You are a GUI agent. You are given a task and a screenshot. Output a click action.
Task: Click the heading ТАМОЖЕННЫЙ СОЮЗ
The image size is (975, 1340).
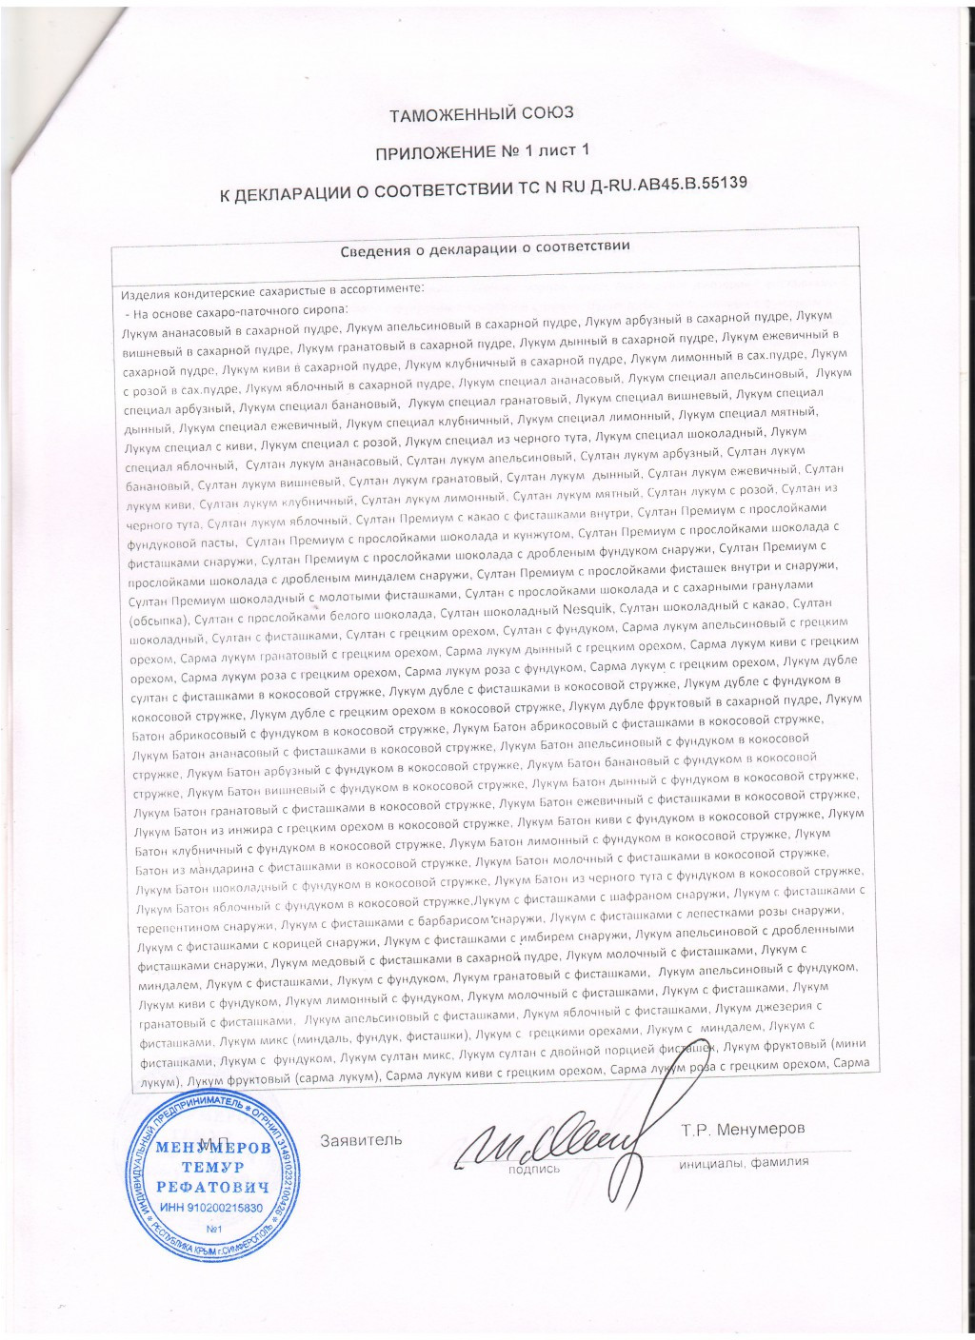pos(482,113)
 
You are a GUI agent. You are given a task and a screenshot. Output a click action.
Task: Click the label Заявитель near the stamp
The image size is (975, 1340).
pos(361,1139)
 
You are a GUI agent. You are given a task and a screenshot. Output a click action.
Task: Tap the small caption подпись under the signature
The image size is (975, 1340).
pos(534,1169)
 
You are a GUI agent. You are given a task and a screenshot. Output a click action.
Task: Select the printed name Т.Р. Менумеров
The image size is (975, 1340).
pos(743,1129)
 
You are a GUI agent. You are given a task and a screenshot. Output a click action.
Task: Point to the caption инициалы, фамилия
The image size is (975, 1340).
pos(744,1161)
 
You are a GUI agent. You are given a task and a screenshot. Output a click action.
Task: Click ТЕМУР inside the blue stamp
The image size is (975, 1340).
pos(212,1167)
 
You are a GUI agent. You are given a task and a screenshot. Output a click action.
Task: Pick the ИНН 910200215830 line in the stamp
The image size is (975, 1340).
pos(211,1207)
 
